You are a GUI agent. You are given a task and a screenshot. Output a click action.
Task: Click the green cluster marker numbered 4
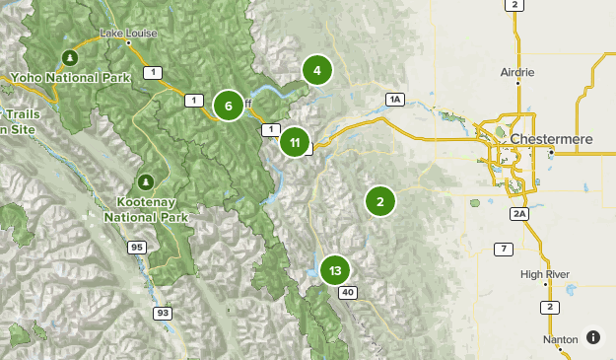coord(316,70)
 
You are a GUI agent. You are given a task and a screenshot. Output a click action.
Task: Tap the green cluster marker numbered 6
coord(228,106)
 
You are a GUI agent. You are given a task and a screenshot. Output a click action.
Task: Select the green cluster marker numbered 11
coord(295,142)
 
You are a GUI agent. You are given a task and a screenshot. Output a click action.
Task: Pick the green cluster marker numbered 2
coord(379,201)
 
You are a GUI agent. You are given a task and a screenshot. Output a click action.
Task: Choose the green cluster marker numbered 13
coord(335,269)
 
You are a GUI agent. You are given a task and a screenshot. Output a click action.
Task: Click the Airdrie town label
coord(516,72)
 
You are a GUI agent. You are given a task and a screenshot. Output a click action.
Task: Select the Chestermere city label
coord(551,139)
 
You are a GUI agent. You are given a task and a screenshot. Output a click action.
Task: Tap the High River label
coord(545,274)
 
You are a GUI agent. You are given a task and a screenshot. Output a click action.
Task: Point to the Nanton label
coord(560,339)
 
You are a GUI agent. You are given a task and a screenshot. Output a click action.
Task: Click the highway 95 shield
coord(136,248)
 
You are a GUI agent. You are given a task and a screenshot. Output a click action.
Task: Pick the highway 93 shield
coord(161,313)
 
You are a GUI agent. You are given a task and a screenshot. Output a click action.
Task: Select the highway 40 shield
coord(347,293)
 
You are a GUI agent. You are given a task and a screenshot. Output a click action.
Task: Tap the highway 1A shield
coord(395,99)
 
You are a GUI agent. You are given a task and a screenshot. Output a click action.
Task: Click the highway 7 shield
coord(504,248)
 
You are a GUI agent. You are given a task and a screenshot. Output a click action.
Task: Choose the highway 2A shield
coord(519,213)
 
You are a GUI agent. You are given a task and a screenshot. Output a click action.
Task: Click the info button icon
coord(592,337)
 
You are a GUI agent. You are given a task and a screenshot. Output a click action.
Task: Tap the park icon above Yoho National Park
coord(69,55)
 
